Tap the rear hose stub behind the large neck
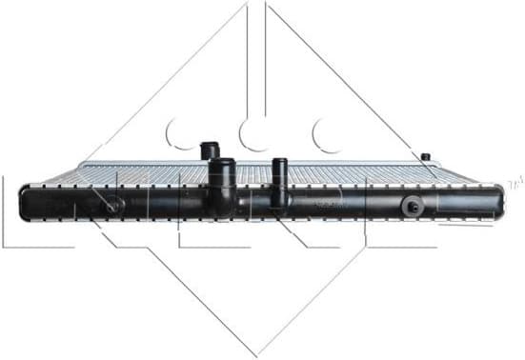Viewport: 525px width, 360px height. tap(210, 151)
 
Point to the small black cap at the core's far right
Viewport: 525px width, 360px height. tap(425, 156)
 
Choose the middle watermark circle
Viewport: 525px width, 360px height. tap(255, 134)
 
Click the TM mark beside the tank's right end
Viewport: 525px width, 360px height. tap(515, 181)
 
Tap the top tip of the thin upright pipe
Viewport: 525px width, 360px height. tap(280, 160)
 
